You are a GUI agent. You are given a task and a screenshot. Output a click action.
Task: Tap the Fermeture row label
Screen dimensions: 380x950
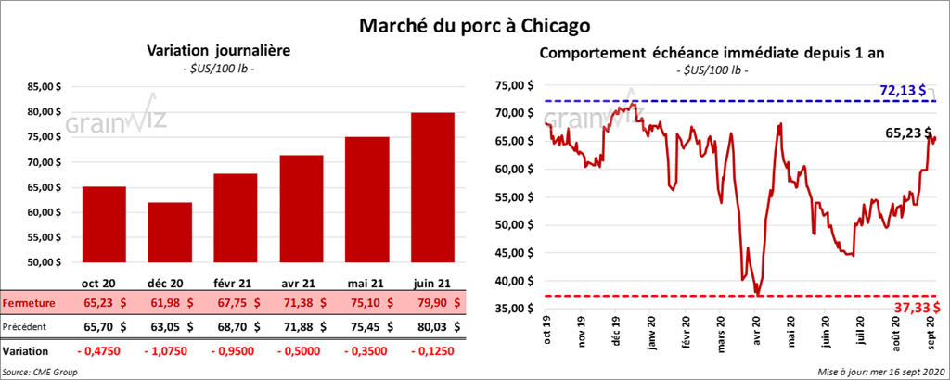point(29,302)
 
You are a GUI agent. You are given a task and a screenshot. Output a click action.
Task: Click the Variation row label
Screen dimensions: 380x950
point(26,352)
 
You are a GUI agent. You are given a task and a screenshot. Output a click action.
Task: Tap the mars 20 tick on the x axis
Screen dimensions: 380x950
point(722,330)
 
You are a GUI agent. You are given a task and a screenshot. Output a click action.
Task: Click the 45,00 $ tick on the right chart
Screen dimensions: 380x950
point(516,253)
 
